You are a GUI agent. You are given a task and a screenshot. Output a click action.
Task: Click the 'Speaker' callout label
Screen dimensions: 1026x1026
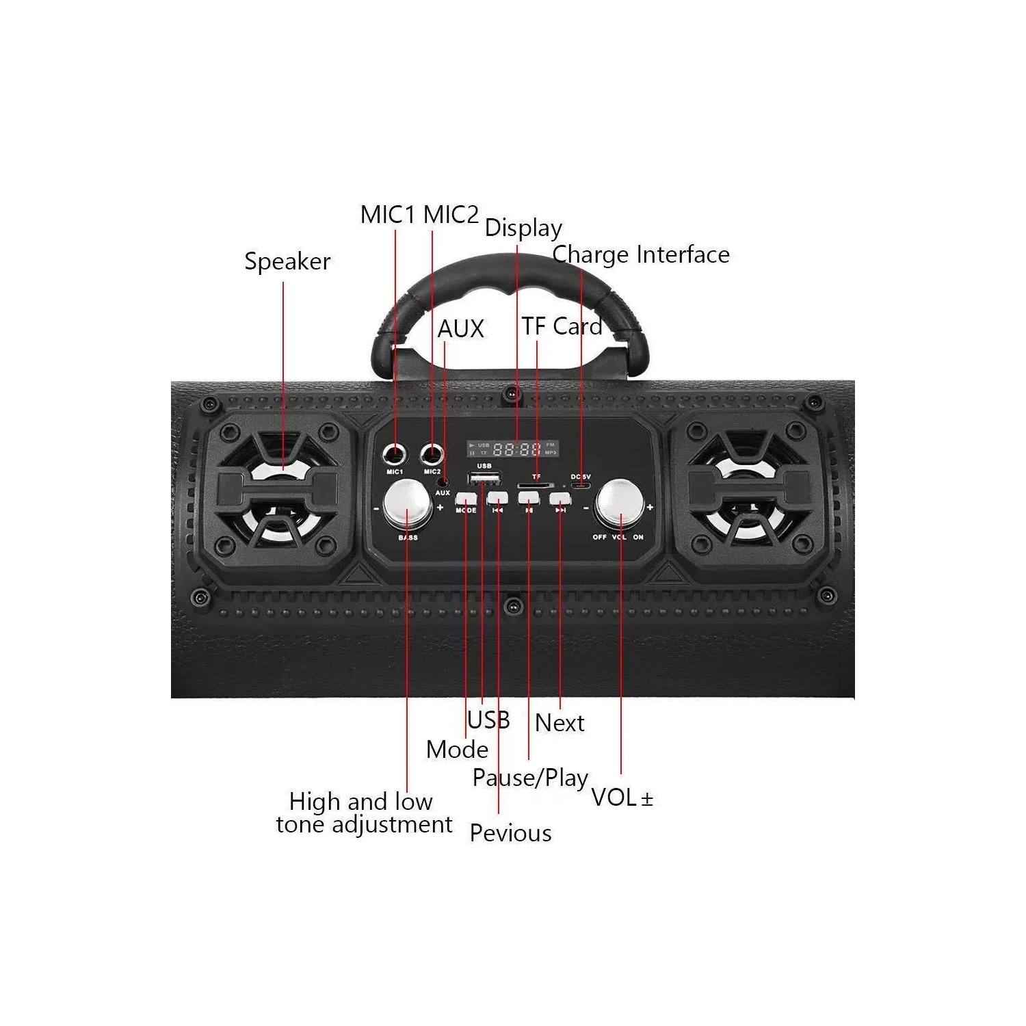pyautogui.click(x=287, y=261)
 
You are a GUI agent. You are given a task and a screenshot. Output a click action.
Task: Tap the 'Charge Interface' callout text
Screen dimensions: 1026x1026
pyautogui.click(x=641, y=254)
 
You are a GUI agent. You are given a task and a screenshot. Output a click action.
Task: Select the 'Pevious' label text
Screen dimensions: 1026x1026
pyautogui.click(x=510, y=833)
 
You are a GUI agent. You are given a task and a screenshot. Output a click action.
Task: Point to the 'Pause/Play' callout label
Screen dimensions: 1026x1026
pyautogui.click(x=530, y=778)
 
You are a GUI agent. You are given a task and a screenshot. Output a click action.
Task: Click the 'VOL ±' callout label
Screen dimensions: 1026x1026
pyautogui.click(x=622, y=798)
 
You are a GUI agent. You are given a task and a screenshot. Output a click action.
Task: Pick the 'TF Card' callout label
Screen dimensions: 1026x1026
pyautogui.click(x=562, y=326)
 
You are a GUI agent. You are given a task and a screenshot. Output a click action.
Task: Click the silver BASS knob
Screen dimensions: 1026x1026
pyautogui.click(x=408, y=504)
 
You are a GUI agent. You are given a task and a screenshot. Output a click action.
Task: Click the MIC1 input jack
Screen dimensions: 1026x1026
pyautogui.click(x=395, y=453)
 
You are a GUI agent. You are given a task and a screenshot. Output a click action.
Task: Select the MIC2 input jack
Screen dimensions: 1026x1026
pyautogui.click(x=432, y=453)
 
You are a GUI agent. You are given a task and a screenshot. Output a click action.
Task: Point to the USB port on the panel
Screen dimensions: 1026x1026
pyautogui.click(x=484, y=477)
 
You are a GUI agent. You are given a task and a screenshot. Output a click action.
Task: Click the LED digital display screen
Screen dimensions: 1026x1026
pyautogui.click(x=513, y=449)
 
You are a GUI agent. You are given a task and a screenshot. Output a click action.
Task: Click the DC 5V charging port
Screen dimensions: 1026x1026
pyautogui.click(x=581, y=486)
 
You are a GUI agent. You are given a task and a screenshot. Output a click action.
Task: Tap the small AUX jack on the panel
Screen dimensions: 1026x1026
pyautogui.click(x=443, y=482)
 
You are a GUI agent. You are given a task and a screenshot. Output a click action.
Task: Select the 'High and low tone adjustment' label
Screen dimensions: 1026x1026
pyautogui.click(x=363, y=813)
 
